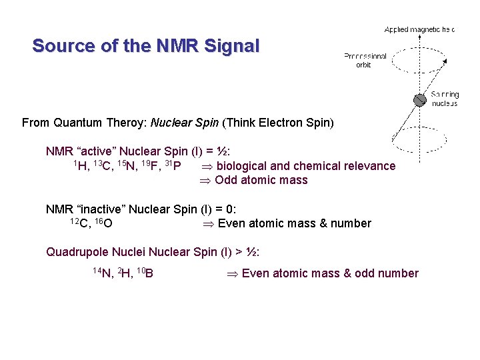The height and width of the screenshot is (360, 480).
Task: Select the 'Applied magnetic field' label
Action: click(x=419, y=29)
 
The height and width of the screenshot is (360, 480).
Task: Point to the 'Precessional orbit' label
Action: click(x=365, y=60)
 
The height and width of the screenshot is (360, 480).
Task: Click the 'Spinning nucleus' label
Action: click(x=445, y=99)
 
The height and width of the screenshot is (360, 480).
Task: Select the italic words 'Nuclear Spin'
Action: click(x=186, y=123)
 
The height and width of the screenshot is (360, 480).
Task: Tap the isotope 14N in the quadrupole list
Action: click(x=103, y=273)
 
